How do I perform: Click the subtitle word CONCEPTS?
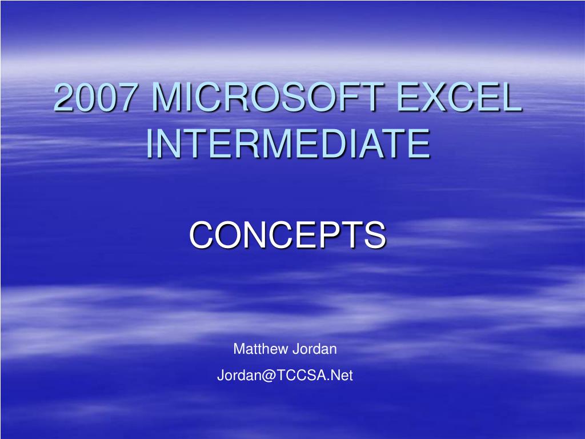(287, 235)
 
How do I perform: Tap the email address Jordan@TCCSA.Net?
(285, 376)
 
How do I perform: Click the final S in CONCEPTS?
(375, 235)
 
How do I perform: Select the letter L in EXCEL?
(511, 98)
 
